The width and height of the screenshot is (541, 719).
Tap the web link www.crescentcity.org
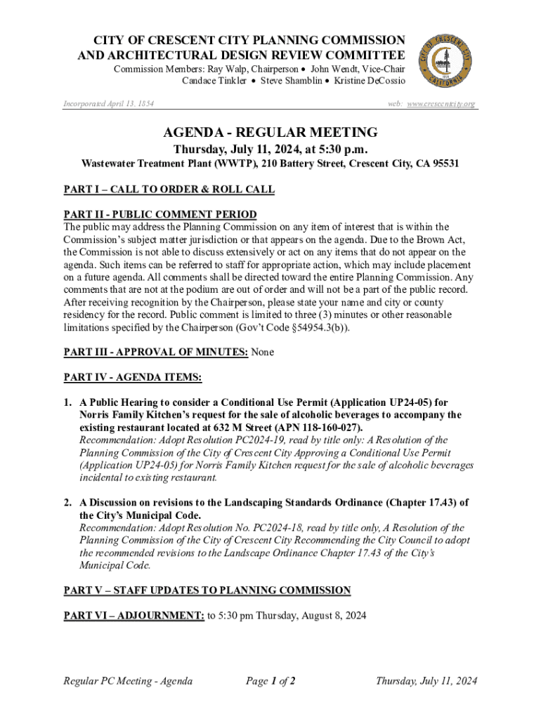pos(441,104)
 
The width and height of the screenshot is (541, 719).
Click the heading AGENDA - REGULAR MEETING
pos(270,132)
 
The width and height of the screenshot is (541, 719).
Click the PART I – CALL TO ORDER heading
pos(169,190)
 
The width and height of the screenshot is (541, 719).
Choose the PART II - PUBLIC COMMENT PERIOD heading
pos(160,214)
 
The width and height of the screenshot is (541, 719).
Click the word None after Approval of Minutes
pos(262,352)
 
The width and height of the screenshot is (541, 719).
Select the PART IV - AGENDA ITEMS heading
pos(133,378)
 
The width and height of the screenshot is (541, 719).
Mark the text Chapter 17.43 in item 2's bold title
pos(420,503)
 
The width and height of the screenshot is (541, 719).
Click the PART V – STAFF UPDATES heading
pos(207,590)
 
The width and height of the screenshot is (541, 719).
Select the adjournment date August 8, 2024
pos(326,616)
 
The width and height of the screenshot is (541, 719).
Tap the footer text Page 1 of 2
pos(270,681)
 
